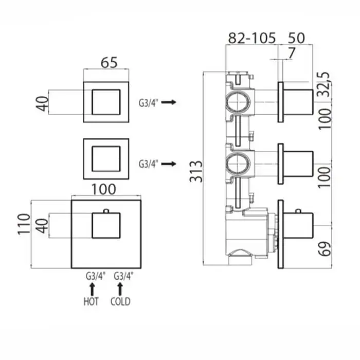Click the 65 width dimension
[x=109, y=62]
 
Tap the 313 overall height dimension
[x=196, y=171]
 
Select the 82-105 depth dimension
[x=252, y=38]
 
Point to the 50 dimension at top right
[x=296, y=38]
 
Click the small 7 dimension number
[x=291, y=53]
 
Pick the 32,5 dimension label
[x=325, y=84]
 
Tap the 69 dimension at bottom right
[x=325, y=249]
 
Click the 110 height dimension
[x=24, y=224]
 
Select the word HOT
[x=91, y=301]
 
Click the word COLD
[x=120, y=301]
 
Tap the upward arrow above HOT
[x=92, y=289]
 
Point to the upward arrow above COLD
[x=120, y=289]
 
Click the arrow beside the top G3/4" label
[x=169, y=102]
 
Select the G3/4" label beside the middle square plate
[x=149, y=164]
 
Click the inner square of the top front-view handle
[x=106, y=102]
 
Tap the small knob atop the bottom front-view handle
[x=106, y=211]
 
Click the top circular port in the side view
[x=238, y=102]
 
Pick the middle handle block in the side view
[x=298, y=164]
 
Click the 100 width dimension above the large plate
[x=104, y=189]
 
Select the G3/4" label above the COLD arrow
[x=123, y=276]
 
